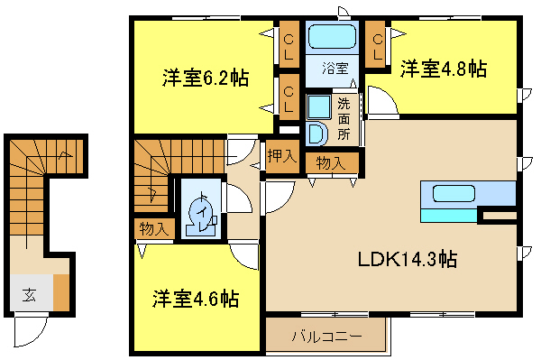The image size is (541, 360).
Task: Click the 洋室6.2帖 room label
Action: [x=206, y=78]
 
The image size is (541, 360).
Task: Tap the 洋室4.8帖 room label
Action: [x=444, y=69]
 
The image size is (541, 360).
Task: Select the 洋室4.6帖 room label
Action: [x=196, y=299]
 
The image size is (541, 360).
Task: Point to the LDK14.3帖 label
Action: [x=408, y=259]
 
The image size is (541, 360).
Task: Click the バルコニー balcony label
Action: [x=326, y=336]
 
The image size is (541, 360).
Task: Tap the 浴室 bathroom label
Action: [x=335, y=69]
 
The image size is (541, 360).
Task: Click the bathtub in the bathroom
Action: [x=332, y=37]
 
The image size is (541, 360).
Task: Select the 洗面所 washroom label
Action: [x=344, y=119]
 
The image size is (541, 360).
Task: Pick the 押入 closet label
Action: [x=282, y=156]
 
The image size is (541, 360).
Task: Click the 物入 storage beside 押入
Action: [x=331, y=162]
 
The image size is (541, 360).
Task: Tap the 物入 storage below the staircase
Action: [x=154, y=229]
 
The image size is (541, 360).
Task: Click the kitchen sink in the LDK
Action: [x=454, y=193]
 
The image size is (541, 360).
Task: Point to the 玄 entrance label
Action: [x=29, y=295]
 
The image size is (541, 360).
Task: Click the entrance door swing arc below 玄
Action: [x=36, y=337]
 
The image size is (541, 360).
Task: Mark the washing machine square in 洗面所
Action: [x=319, y=107]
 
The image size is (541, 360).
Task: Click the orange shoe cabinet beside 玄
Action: [x=61, y=292]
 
